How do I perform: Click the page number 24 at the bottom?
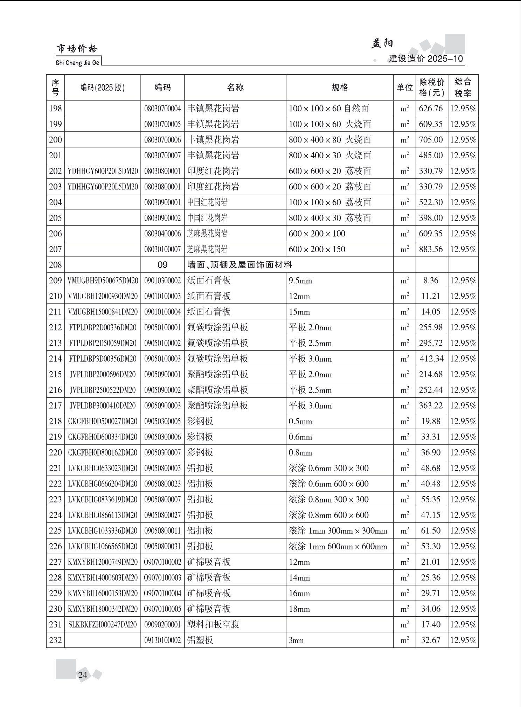pos(83,675)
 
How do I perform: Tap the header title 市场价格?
pos(77,49)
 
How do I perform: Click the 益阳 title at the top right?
pos(382,43)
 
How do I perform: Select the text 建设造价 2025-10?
pos(426,58)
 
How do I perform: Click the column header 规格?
pos(340,88)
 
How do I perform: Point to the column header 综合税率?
pos(463,88)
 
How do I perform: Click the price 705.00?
pos(431,140)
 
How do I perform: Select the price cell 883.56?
pos(431,249)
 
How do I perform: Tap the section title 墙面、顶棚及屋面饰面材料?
pos(240,265)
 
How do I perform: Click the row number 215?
pos(55,374)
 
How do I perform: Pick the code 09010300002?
pos(162,280)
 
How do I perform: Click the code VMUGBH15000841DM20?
pos(103,312)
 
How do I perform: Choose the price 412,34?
pos(431,359)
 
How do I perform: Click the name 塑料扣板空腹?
pos(213,624)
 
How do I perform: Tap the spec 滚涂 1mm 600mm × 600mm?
pos(338,546)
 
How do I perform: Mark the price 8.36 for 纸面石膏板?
pos(431,280)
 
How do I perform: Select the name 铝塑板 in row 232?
pos(200,640)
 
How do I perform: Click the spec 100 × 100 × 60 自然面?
pos(329,109)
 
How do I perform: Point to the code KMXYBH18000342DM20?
pos(103,609)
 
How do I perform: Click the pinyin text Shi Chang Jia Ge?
pos(77,63)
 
